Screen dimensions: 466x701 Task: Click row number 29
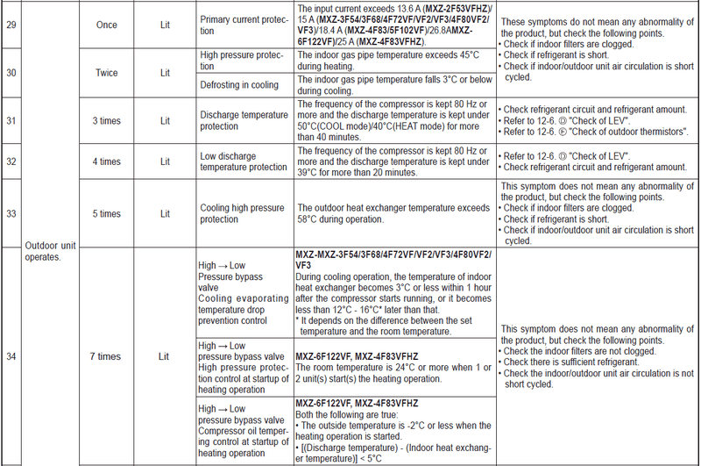click(11, 25)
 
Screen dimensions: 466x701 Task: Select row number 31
click(11, 120)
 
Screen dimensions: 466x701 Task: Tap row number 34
click(11, 356)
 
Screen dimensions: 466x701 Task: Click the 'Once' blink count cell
click(105, 25)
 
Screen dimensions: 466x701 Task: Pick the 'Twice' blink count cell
click(105, 73)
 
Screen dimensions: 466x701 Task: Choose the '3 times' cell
click(105, 120)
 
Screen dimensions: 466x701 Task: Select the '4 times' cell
click(105, 161)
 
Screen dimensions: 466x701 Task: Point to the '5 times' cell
click(105, 214)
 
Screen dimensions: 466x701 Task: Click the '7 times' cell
click(105, 356)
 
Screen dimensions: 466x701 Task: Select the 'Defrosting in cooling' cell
click(237, 85)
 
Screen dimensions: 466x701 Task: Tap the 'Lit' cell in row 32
click(165, 161)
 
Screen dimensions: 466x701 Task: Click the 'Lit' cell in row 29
click(165, 25)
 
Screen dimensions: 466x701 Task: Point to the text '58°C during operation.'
click(346, 219)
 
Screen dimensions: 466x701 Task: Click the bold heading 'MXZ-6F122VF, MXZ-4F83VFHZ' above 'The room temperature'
click(357, 356)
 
